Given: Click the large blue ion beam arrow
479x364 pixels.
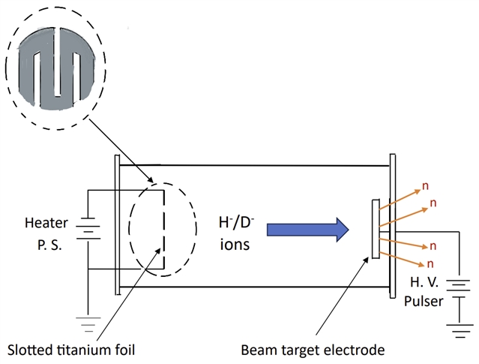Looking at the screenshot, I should tap(307, 230).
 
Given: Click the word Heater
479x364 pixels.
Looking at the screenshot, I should tap(46, 223).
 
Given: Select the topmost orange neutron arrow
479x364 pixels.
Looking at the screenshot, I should tap(401, 196).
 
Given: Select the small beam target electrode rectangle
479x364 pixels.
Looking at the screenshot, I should tap(375, 230).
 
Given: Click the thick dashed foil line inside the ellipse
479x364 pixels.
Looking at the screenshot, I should tap(163, 230).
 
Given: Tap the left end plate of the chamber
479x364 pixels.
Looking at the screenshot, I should tap(117, 224).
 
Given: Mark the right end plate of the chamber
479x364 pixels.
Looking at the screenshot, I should tap(391, 224).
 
